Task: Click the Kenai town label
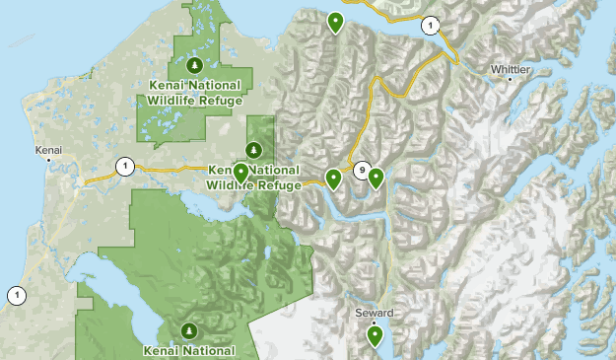48,150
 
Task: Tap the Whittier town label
511,69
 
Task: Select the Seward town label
374,313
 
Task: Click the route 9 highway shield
363,170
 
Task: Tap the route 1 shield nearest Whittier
430,25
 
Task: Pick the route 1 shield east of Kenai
124,166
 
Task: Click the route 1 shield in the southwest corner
17,294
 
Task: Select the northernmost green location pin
336,21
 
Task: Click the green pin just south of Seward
375,335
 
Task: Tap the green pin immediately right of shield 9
376,178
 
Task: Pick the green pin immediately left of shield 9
334,178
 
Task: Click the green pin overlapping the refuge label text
240,174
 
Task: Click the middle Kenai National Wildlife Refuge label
253,177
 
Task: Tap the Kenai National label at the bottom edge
188,349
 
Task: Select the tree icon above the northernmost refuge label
194,65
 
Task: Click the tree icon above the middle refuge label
254,150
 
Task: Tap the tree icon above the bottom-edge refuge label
188,329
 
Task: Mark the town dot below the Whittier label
510,79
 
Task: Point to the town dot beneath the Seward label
374,322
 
